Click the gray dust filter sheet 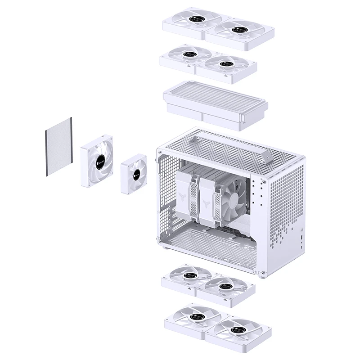pyautogui.click(x=59, y=147)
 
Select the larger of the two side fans pyautogui.click(x=97, y=161)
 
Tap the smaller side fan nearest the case pyautogui.click(x=133, y=174)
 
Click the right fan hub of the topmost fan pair pyautogui.click(x=238, y=30)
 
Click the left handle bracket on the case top pyautogui.click(x=194, y=140)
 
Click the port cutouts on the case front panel pyautogui.click(x=300, y=235)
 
